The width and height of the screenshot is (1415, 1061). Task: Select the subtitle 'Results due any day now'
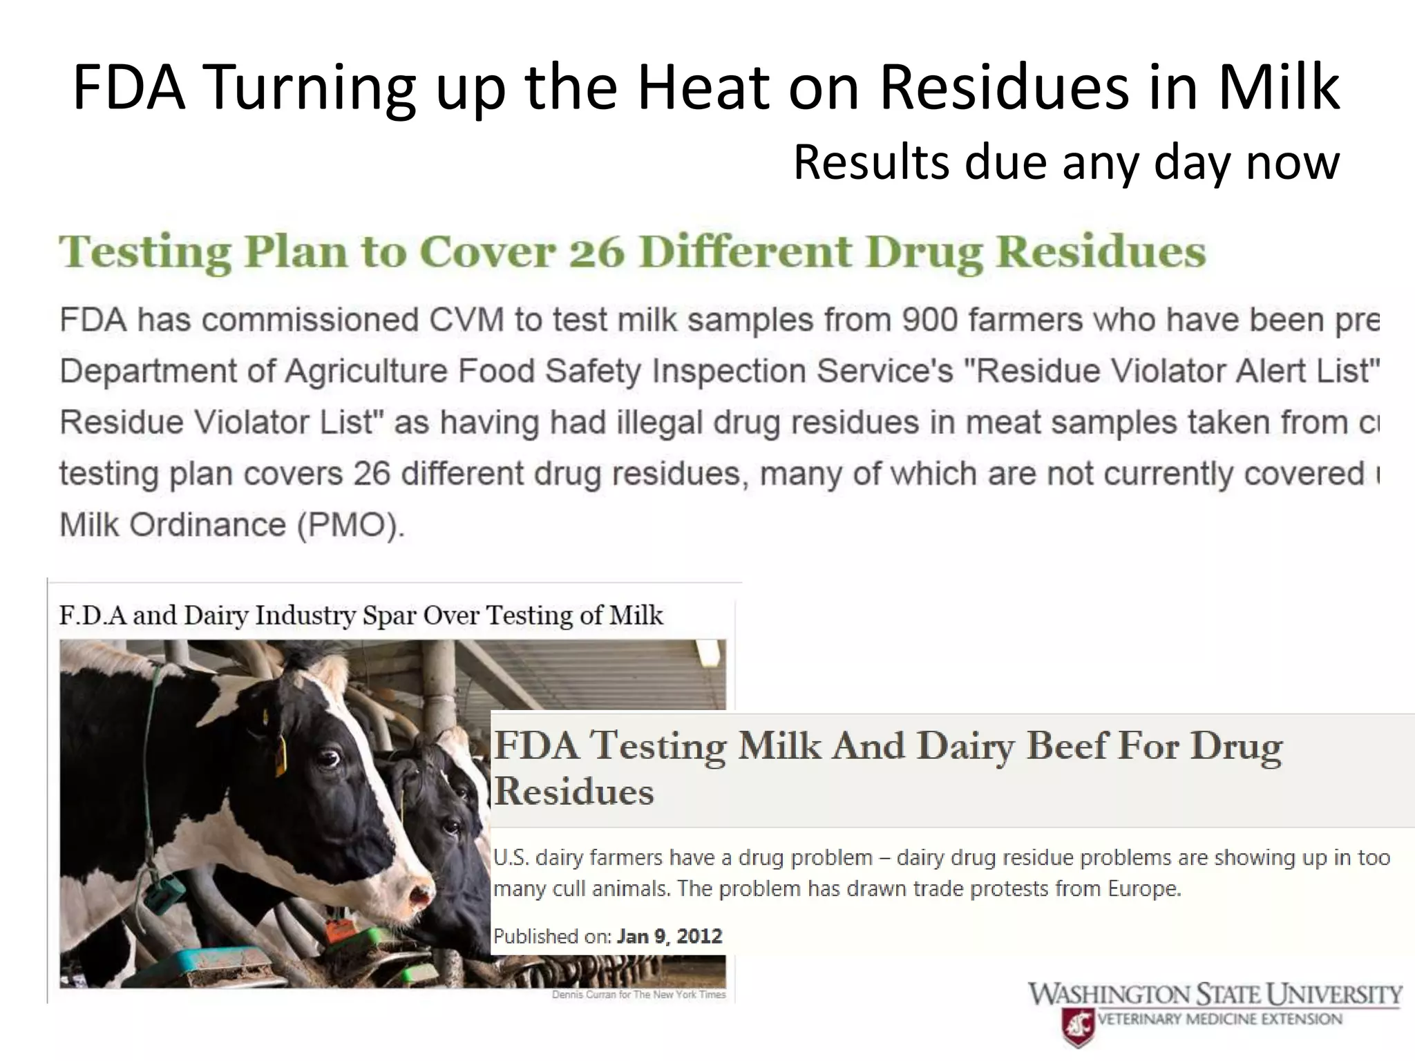coord(1066,162)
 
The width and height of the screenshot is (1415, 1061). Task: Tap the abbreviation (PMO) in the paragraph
coord(351,525)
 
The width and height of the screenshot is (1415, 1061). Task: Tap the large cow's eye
coord(327,760)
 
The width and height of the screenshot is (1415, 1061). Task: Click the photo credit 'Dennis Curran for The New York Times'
coord(638,995)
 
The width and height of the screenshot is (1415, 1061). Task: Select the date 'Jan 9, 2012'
coord(669,937)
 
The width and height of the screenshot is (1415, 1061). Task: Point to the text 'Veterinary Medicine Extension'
coord(1219,1020)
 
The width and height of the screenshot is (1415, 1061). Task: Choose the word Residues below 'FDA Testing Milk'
coord(573,792)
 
